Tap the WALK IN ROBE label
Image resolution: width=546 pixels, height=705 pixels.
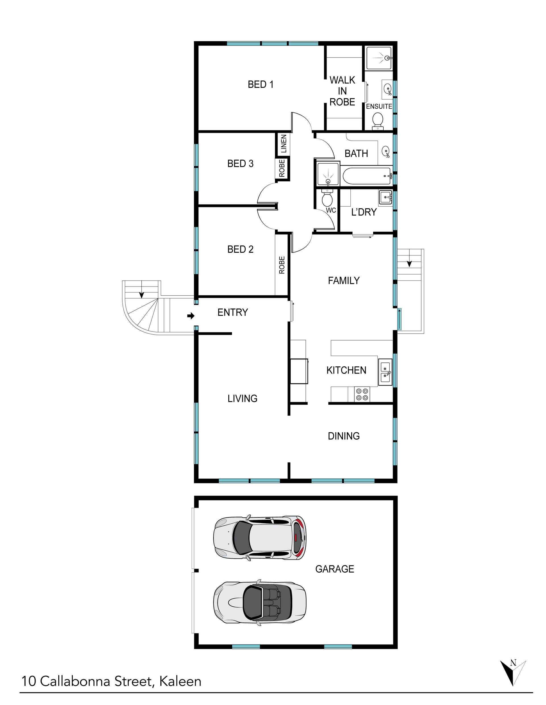tap(342, 91)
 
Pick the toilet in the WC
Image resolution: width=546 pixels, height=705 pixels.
tap(327, 197)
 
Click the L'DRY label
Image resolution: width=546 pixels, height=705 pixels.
tap(364, 212)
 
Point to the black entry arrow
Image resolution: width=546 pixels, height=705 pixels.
tap(191, 316)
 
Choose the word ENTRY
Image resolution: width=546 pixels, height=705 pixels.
tap(233, 312)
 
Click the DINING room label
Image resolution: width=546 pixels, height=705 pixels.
tap(344, 436)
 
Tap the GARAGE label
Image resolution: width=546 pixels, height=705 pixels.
tap(334, 569)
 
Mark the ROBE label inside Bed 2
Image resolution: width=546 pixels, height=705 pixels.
tap(282, 265)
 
